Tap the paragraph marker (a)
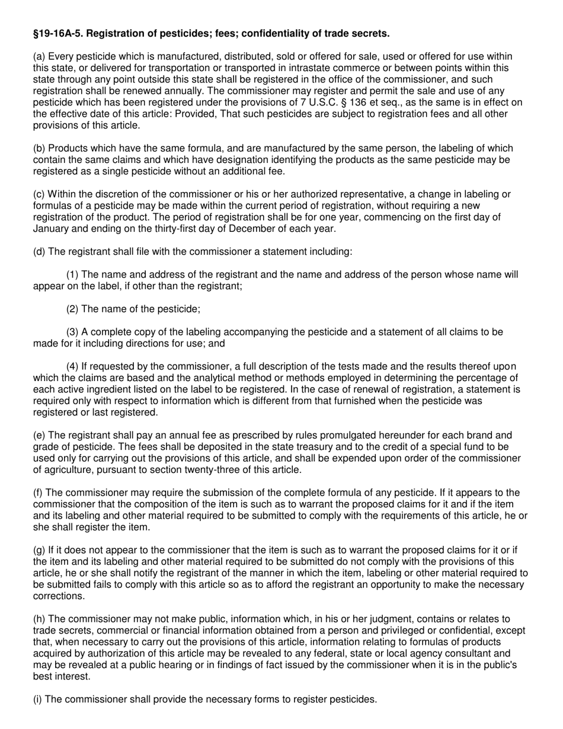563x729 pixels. (39, 57)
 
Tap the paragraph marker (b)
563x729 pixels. (39, 148)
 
